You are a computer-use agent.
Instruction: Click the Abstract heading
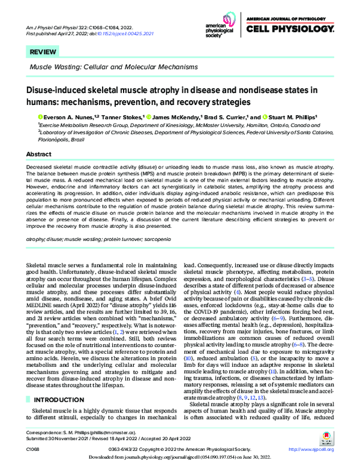coord(35,154)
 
